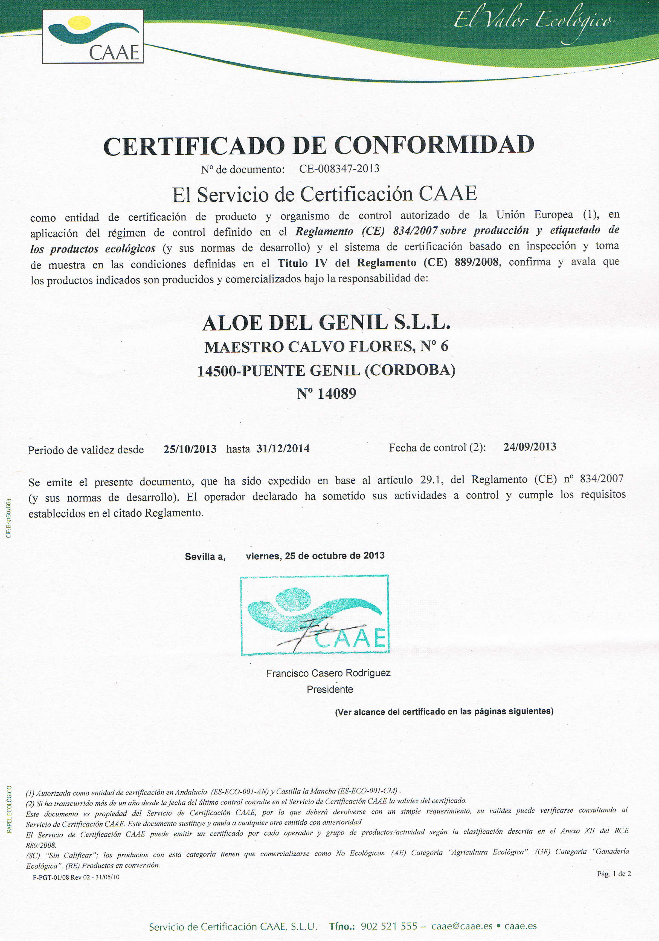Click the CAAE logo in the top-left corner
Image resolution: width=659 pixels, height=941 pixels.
93,36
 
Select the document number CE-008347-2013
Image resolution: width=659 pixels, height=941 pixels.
339,168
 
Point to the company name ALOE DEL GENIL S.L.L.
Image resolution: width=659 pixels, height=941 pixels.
326,323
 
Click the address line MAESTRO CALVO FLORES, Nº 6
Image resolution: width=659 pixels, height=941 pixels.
326,347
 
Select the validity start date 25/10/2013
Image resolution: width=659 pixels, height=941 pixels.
190,449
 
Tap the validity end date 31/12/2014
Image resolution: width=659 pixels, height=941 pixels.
283,449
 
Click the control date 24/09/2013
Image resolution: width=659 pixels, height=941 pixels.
530,447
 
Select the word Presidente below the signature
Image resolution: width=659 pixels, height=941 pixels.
330,689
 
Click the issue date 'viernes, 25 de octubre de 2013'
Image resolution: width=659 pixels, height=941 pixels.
315,556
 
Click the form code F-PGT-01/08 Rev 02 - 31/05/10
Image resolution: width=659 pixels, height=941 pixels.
76,877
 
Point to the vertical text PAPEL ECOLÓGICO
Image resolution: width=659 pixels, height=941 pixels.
9,809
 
